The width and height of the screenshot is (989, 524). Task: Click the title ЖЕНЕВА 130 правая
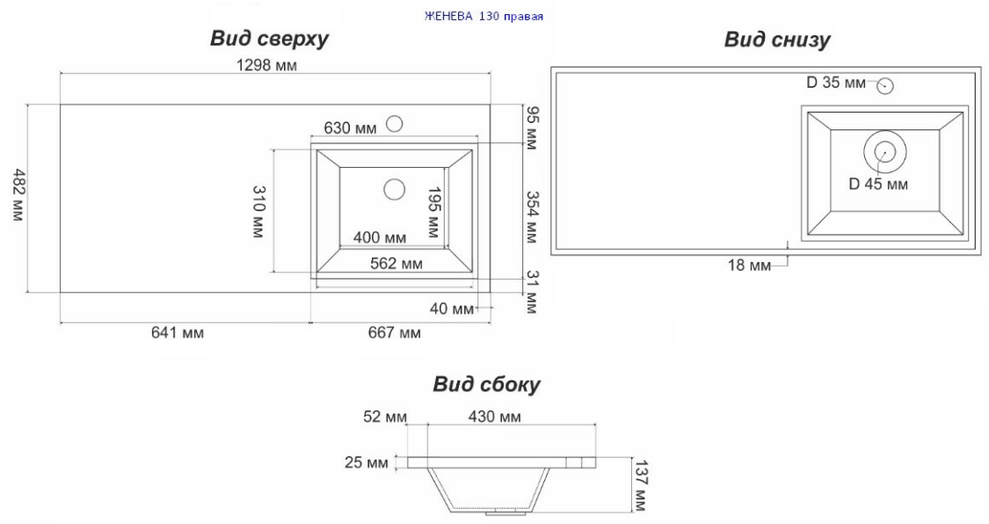484,17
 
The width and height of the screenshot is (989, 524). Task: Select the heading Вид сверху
269,39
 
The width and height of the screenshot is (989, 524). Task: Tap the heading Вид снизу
777,40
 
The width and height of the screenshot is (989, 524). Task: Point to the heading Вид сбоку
486,384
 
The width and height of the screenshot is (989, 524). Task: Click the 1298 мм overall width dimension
266,65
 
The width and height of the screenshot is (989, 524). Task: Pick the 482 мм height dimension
18,195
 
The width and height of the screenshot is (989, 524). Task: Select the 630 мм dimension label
350,128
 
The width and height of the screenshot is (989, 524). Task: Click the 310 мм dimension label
258,212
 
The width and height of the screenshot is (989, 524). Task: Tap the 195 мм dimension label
433,212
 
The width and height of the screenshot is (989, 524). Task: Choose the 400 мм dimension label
380,237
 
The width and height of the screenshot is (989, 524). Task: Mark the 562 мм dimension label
396,264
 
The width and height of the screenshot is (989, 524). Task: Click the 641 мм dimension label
178,332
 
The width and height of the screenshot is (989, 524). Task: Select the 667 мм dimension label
394,332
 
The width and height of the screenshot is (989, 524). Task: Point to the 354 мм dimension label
532,217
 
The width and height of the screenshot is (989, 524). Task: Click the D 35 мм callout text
836,83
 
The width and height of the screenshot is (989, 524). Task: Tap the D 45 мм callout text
878,184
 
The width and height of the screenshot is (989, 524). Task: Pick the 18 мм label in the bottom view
749,266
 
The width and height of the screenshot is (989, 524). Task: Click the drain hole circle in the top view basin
394,188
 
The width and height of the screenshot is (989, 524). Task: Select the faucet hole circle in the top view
395,124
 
